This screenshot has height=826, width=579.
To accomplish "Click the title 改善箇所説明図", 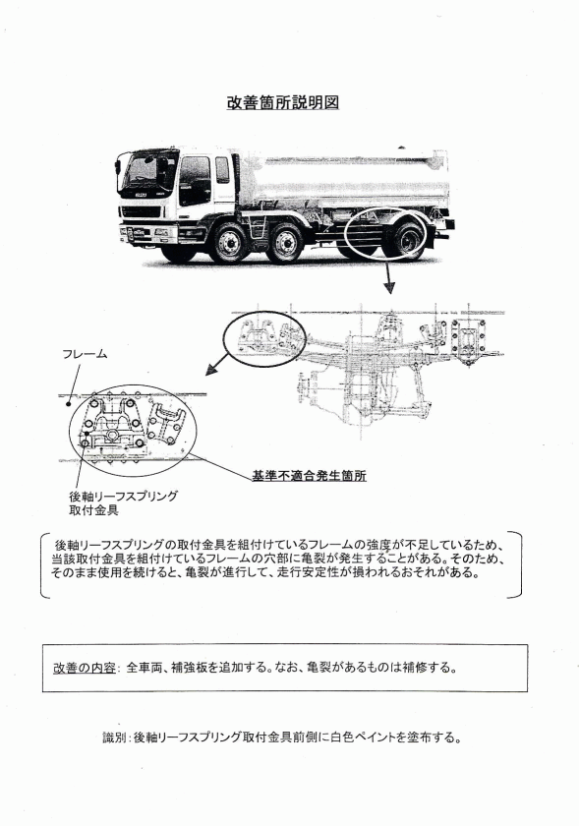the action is click(x=283, y=102).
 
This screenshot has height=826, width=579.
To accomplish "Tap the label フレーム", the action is click(x=85, y=354).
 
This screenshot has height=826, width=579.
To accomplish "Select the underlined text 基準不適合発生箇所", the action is click(x=309, y=476).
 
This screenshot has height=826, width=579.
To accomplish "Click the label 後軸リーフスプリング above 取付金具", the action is click(x=123, y=496).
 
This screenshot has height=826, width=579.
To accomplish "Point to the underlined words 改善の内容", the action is click(x=85, y=668).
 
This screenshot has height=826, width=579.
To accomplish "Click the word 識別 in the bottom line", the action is click(x=114, y=737).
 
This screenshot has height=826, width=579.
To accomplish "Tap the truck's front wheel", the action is click(x=229, y=245).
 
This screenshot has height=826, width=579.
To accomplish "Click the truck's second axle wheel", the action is click(x=284, y=245).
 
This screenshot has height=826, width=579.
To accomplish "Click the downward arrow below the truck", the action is click(x=389, y=276).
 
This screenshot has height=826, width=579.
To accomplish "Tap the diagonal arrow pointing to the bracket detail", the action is click(x=217, y=364).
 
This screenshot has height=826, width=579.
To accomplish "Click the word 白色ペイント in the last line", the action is click(x=363, y=737).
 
